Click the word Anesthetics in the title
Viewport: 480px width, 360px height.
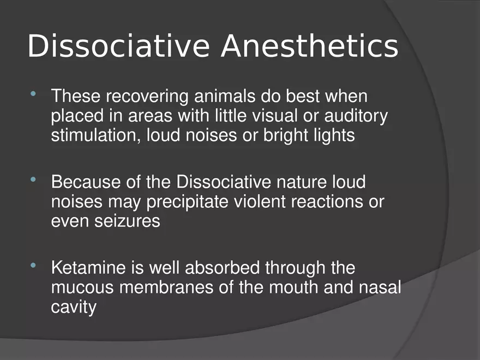(x=309, y=46)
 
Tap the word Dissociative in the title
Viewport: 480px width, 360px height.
(x=118, y=46)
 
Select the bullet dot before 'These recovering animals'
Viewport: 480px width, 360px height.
(x=34, y=95)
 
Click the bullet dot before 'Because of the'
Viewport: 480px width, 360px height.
(x=34, y=179)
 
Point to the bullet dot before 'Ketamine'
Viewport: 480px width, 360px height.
(x=34, y=266)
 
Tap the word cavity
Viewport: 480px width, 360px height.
(x=74, y=307)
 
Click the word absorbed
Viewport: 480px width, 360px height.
(x=224, y=268)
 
